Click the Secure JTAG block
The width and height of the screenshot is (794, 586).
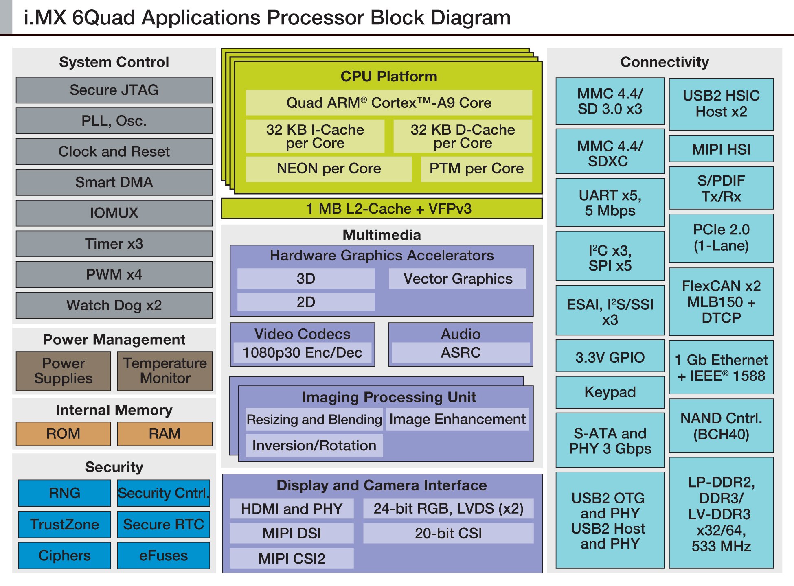click(x=114, y=90)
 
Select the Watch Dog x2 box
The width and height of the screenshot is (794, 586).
click(x=114, y=305)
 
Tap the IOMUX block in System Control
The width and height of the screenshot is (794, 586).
click(x=114, y=213)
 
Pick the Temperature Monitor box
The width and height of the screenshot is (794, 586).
click(x=165, y=371)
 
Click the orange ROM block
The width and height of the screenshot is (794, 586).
click(x=63, y=433)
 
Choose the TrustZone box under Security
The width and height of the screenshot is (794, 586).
click(x=64, y=524)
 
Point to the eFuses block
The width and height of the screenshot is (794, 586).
click(x=164, y=555)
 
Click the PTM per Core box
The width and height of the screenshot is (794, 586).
click(x=476, y=168)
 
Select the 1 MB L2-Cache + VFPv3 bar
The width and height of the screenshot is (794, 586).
click(x=382, y=209)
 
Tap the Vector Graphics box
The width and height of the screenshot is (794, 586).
click(x=458, y=279)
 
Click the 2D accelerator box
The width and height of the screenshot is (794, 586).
click(x=306, y=302)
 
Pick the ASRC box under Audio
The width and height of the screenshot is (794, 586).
click(x=461, y=352)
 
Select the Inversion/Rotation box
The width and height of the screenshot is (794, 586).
click(x=314, y=446)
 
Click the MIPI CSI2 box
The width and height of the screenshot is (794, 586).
click(x=292, y=558)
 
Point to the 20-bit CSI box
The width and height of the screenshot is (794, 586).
click(x=448, y=533)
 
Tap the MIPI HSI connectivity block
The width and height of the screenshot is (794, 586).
click(x=721, y=149)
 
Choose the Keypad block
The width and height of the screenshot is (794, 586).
click(x=610, y=392)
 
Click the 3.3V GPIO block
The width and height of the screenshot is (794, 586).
click(x=610, y=357)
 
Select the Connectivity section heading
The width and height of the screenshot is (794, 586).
click(x=665, y=62)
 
